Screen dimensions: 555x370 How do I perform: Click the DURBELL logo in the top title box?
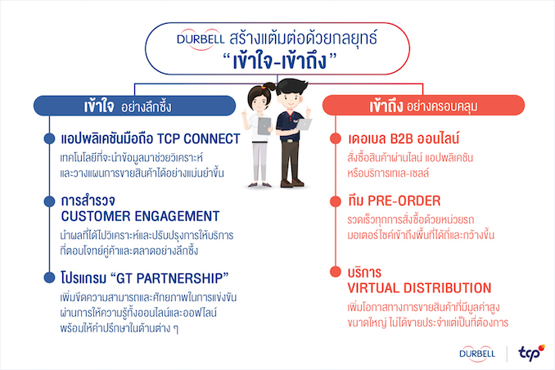tap(201, 39)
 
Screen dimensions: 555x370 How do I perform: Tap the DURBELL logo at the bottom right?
tap(477, 354)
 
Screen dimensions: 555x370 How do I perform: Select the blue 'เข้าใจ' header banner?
tap(134, 106)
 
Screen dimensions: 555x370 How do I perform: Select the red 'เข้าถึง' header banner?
tap(423, 105)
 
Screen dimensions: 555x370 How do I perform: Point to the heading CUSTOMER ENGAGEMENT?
tap(140, 216)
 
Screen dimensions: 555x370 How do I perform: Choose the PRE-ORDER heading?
tap(404, 201)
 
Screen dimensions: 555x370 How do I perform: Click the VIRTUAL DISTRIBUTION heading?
tap(419, 288)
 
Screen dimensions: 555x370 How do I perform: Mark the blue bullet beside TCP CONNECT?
tap(49, 138)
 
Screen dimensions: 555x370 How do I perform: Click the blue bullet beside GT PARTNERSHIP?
tap(49, 277)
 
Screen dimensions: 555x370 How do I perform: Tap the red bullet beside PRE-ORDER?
tap(335, 201)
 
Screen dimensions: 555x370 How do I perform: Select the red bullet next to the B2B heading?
tap(335, 138)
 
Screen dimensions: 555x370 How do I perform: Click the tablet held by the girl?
tap(264, 126)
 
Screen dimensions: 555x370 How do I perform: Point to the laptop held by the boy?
tap(304, 124)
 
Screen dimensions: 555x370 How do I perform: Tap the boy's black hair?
tap(291, 87)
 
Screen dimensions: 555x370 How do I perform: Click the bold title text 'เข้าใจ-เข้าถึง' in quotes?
tap(279, 61)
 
